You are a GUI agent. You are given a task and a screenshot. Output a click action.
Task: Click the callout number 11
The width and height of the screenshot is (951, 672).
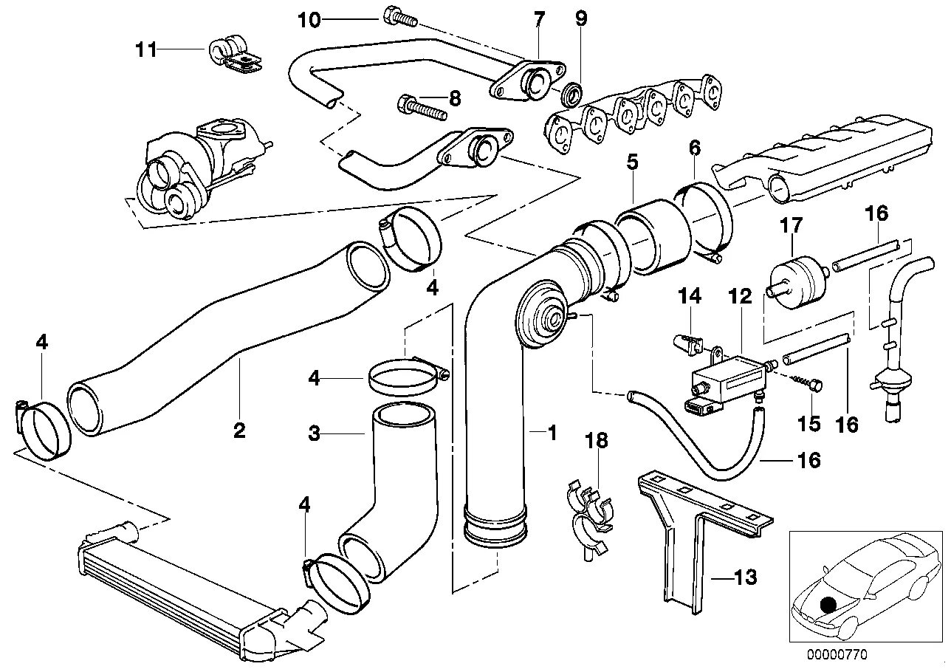tap(146, 50)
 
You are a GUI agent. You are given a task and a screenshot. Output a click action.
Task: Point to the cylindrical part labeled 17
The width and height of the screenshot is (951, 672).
tap(794, 274)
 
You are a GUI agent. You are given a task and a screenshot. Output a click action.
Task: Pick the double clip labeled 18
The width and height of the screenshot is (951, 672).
tap(591, 515)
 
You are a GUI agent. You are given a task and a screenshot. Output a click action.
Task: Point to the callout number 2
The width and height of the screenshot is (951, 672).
tap(239, 430)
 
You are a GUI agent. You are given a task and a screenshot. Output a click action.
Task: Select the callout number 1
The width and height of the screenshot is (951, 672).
tap(550, 433)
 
